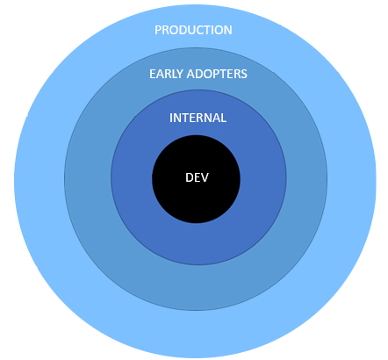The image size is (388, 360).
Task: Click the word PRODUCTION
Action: tap(193, 30)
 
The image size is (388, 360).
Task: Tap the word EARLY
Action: tap(167, 74)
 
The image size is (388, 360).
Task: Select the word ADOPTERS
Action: tap(217, 74)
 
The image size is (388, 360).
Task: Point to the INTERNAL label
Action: tap(198, 118)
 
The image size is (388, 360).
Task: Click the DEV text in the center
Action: tap(197, 177)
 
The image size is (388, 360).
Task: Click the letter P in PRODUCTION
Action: tap(158, 30)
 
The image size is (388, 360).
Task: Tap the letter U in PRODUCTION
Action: tap(191, 30)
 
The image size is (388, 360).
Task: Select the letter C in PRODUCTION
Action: tap(199, 30)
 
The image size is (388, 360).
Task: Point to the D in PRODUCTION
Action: tap(183, 30)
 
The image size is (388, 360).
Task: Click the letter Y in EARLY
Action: tap(180, 74)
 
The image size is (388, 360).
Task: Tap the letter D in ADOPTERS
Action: tap(198, 74)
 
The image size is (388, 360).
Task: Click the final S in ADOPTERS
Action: tap(244, 74)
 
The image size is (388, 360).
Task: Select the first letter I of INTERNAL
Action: tap(171, 118)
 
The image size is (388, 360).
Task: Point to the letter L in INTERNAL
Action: tap(223, 118)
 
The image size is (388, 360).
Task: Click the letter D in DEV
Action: tap(190, 177)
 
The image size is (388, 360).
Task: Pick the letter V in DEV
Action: tap(205, 177)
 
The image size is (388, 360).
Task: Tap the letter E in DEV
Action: tap(198, 177)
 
